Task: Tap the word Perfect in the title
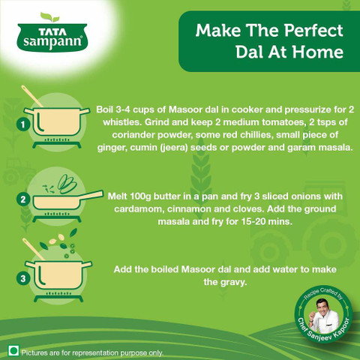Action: point(313,31)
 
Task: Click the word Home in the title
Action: point(318,52)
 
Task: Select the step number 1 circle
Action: point(23,124)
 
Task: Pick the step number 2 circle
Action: point(23,199)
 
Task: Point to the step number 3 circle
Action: point(23,278)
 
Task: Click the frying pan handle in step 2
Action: point(91,195)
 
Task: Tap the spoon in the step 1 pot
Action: point(31,96)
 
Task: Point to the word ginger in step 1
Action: point(109,148)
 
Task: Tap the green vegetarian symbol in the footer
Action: point(14,351)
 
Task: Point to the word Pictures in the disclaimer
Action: point(34,353)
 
